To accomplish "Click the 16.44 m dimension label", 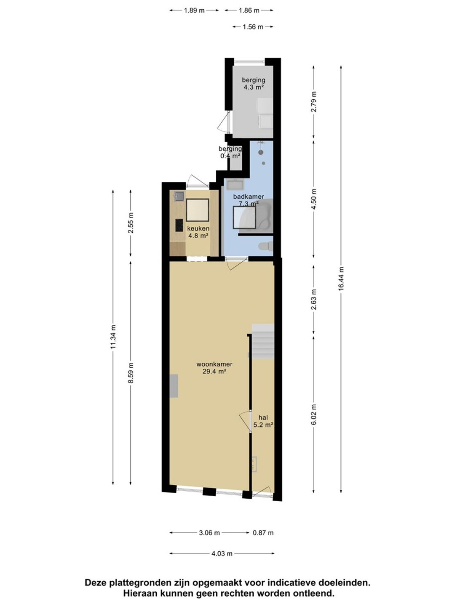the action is pos(341,278).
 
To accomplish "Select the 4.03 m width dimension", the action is pos(222,553).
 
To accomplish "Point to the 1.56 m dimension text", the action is pos(253,27).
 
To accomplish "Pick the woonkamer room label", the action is pos(214,364).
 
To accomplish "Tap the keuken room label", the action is pos(198,229).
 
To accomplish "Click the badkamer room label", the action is pos(249,197).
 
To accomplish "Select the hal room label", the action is pos(263,417).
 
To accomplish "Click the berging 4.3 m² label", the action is pos(253,84).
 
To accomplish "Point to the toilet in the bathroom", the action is pos(266,246).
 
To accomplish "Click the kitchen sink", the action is pos(179,196).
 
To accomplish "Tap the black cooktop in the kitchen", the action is pos(179,225).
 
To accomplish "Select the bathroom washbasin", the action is pos(235,184).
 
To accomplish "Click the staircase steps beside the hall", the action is pos(263,341).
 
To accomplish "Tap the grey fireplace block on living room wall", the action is pos(174,385).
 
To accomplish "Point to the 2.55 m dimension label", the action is pos(131,223).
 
